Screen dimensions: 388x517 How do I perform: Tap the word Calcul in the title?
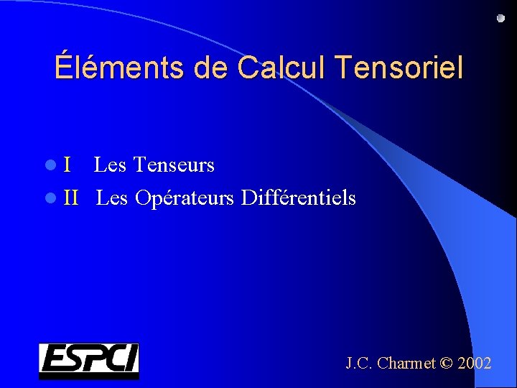point(281,68)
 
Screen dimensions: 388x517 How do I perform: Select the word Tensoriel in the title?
point(399,68)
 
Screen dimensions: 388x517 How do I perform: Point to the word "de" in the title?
point(208,68)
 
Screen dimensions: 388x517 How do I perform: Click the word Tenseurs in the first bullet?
point(174,165)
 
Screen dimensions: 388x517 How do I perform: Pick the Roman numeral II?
point(70,197)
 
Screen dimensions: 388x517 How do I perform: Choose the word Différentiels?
point(299,197)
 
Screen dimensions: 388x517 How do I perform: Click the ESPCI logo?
point(88,361)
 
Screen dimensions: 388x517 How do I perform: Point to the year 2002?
point(474,364)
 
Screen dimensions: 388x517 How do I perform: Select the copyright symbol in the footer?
point(446,364)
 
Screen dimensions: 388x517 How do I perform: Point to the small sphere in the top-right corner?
point(500,19)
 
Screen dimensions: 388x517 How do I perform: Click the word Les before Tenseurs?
point(110,165)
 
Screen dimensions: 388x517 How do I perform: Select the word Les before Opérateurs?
point(112,197)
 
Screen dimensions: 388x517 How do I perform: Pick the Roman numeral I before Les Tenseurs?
point(67,165)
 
